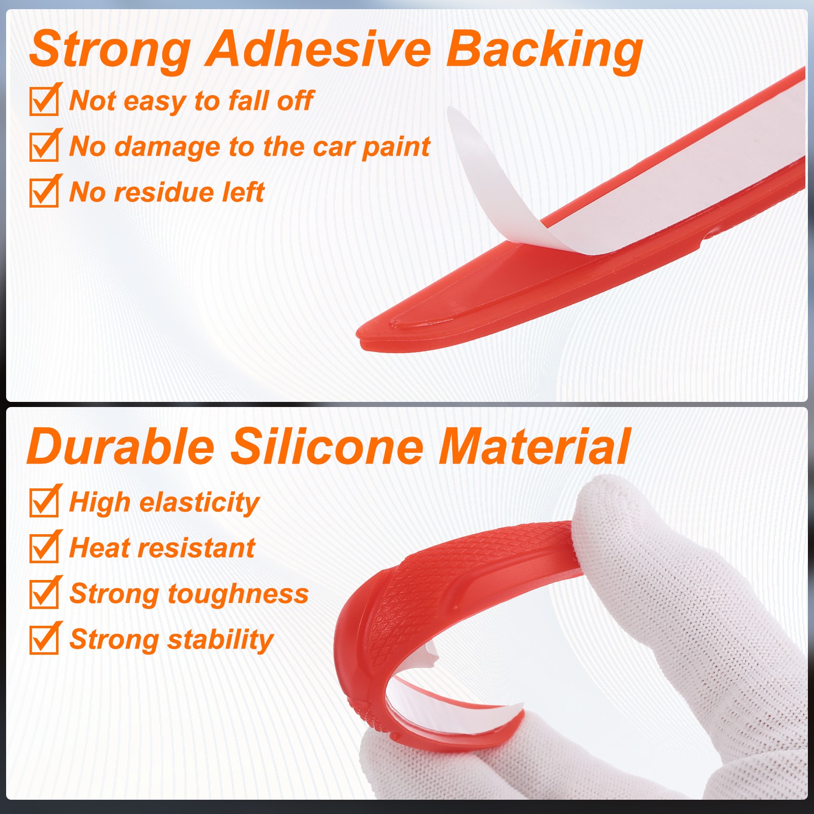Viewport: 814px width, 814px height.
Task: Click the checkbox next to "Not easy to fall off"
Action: tap(44, 101)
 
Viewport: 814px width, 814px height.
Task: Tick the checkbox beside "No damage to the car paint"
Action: tap(44, 147)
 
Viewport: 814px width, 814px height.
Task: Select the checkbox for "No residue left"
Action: tap(44, 192)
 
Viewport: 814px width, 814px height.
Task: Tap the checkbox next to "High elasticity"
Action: tap(44, 502)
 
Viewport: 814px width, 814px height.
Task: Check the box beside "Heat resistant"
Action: tap(44, 547)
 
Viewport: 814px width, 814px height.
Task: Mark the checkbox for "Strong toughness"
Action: tap(44, 593)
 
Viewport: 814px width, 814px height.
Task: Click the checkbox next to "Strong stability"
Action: tap(44, 639)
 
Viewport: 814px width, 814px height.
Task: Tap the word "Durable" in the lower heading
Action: tap(121, 446)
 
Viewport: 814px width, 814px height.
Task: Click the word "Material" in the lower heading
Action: tap(534, 446)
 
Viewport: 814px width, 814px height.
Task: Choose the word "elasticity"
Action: tap(199, 504)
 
